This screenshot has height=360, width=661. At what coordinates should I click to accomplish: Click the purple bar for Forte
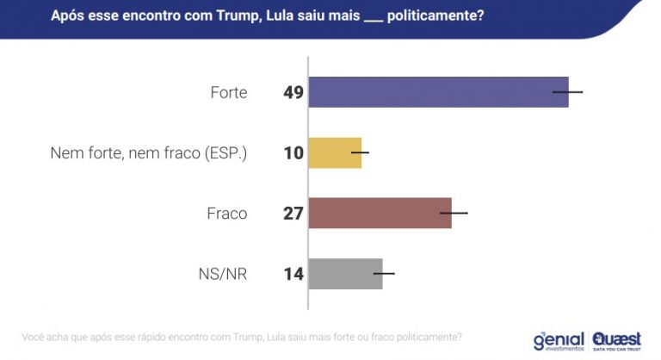tap(438, 92)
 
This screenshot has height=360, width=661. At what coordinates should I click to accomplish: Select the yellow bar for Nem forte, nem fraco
tap(335, 152)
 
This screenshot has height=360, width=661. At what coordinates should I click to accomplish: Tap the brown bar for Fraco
tap(380, 213)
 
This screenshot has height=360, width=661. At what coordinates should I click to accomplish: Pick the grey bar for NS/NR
tap(345, 274)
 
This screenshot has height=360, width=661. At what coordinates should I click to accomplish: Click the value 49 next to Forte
tap(293, 92)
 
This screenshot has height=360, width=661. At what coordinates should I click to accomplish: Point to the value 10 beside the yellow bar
tap(293, 153)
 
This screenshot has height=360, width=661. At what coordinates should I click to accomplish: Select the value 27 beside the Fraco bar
tap(293, 214)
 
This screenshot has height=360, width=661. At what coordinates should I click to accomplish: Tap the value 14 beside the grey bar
tap(293, 275)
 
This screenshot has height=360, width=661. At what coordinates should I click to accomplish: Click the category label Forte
tap(228, 92)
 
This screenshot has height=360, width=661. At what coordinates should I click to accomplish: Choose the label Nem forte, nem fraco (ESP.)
tap(149, 153)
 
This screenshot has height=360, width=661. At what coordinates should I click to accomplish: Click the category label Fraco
tap(226, 214)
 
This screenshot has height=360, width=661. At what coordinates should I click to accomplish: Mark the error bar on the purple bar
tap(568, 91)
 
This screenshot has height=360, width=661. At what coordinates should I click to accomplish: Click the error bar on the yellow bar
tap(361, 152)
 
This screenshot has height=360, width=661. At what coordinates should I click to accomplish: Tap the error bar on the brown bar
tap(454, 212)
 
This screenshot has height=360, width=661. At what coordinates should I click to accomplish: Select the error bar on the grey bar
tap(384, 274)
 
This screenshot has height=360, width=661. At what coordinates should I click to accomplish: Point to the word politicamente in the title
tap(433, 16)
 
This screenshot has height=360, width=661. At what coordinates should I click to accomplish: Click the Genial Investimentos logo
tap(559, 340)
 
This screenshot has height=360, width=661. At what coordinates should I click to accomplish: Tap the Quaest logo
tap(617, 340)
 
